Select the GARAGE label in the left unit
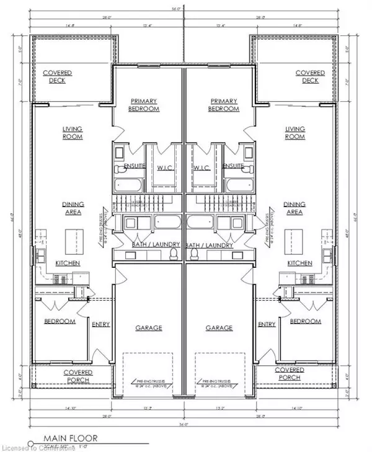click(148, 327)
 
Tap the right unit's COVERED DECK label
click(310, 76)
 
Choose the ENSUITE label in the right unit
click(233, 167)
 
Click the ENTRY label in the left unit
click(101, 324)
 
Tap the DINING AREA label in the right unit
click(294, 208)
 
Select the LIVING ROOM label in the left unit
click(73, 133)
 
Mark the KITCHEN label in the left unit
click(68, 264)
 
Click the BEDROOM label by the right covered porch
click(306, 321)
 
